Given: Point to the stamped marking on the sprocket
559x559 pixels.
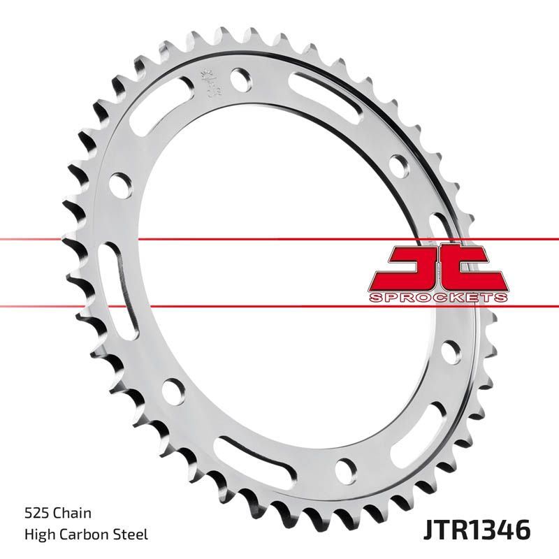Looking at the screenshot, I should [208, 82].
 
